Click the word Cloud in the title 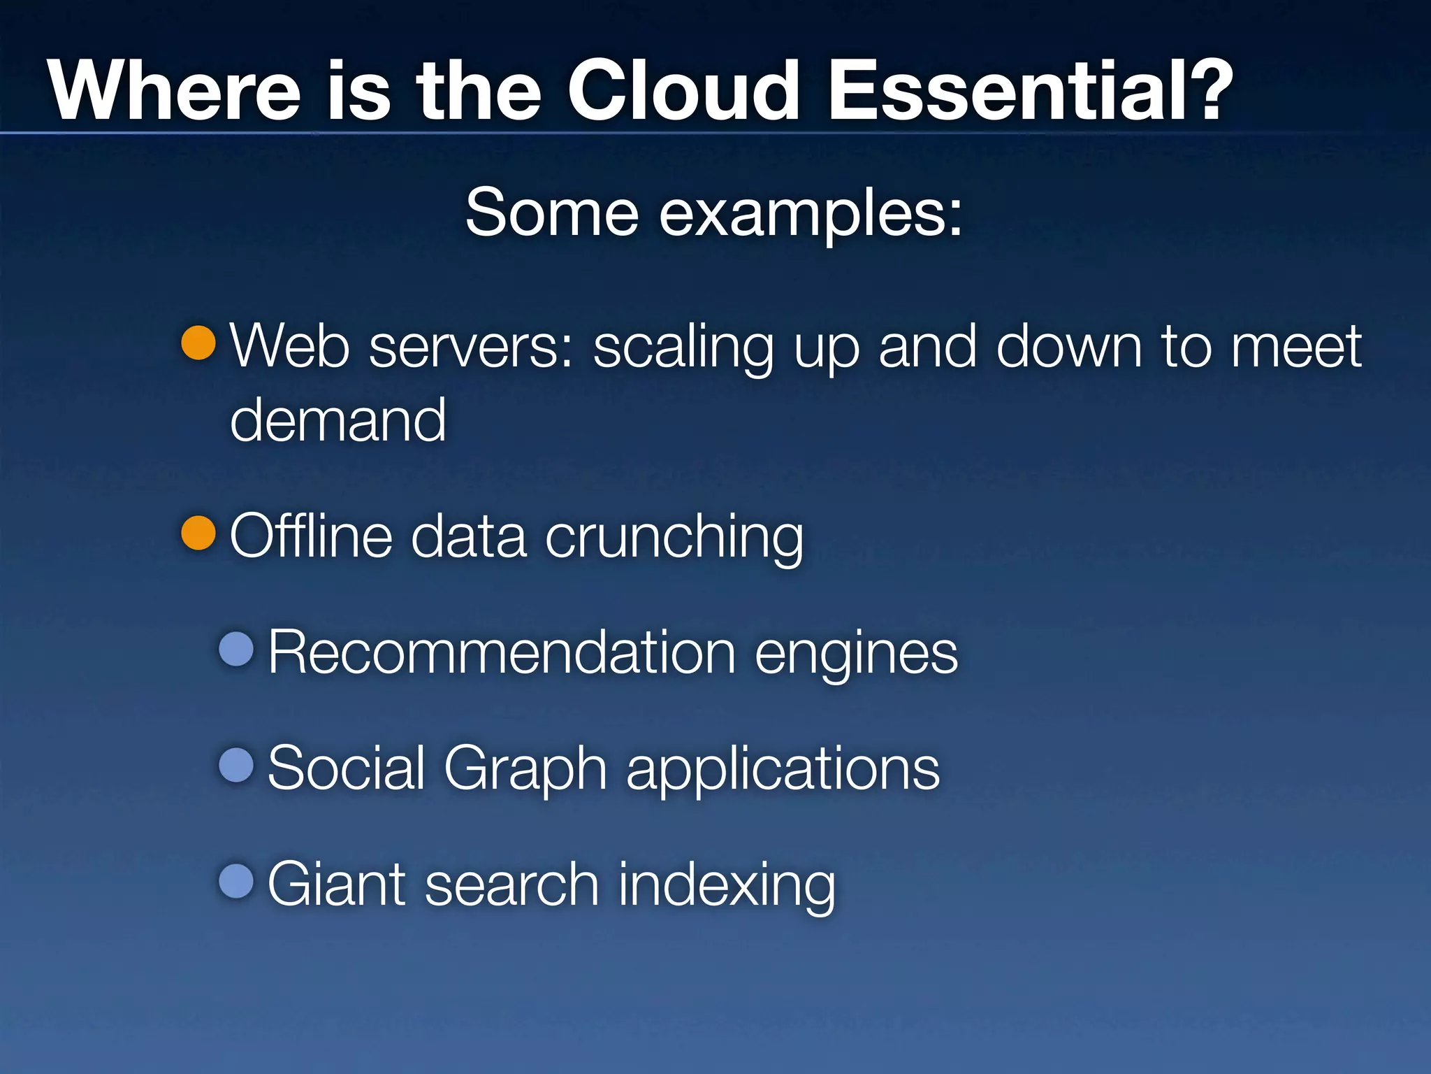coord(683,91)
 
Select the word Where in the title coord(174,91)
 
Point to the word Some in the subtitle coord(552,213)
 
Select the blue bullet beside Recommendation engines coord(236,649)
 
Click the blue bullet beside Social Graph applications coord(236,765)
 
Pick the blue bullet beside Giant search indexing coord(236,881)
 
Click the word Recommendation coord(502,652)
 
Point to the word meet coord(1296,347)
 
